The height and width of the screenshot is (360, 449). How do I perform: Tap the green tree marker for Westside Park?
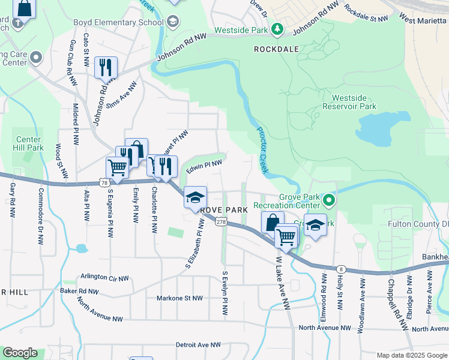(x=277, y=28)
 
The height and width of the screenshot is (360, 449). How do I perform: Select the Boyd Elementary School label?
(x=118, y=22)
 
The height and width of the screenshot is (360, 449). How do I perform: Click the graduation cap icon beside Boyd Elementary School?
(x=173, y=22)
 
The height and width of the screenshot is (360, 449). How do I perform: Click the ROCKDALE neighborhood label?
(x=276, y=49)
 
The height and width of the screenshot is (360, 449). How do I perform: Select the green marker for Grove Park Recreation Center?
(x=328, y=200)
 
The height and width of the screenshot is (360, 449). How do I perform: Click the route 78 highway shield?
(x=104, y=182)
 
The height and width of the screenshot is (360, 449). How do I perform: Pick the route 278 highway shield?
(x=221, y=222)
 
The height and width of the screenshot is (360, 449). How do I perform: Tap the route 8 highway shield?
(x=341, y=269)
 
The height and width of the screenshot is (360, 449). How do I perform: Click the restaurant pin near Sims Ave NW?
(x=106, y=68)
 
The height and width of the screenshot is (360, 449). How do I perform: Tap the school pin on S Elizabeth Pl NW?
(x=195, y=198)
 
